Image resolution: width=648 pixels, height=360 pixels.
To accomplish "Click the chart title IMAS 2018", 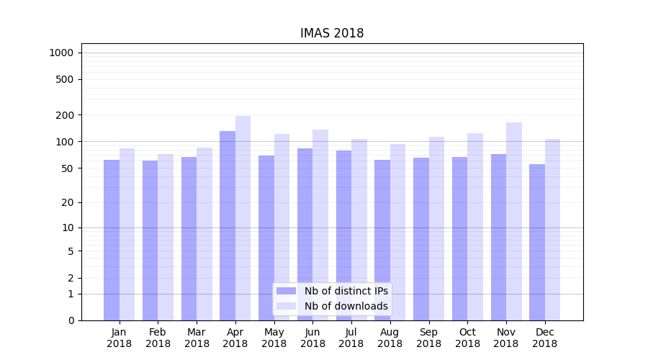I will tap(332, 34).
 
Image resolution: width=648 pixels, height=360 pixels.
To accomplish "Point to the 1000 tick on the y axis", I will tap(61, 53).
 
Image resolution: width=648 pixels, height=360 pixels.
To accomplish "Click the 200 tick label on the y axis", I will tap(64, 115).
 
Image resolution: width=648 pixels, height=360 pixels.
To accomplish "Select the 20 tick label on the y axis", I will tap(67, 202).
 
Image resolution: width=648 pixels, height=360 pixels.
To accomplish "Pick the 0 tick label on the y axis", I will tap(71, 320).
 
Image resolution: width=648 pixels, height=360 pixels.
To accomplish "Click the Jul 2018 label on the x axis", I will tap(351, 338).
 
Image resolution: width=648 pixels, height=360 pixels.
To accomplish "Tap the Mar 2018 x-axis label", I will tap(197, 338).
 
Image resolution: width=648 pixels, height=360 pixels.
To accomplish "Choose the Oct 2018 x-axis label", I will tap(467, 338).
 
